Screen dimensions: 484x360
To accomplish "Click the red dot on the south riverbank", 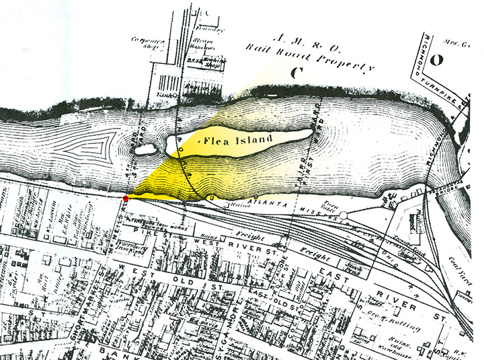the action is click(x=126, y=199).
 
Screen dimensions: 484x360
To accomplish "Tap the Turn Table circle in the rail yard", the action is click(x=343, y=215).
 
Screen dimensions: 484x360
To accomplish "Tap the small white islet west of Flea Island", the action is click(x=145, y=146).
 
